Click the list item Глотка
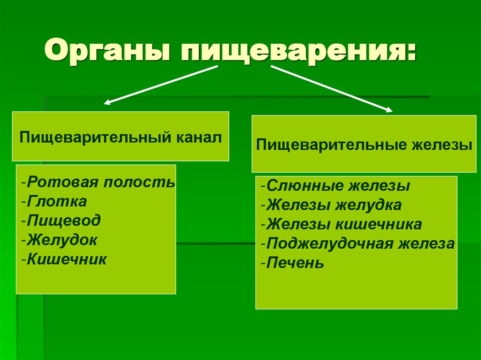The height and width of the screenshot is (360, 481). (x=56, y=201)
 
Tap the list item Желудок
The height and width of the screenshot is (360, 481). (x=62, y=240)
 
